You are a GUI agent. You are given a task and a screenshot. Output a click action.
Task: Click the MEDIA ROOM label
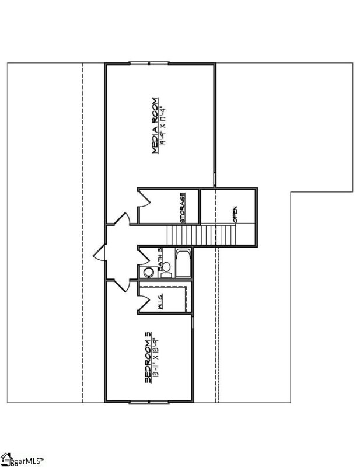pyautogui.click(x=155, y=125)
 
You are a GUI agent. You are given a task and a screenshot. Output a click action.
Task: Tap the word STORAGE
pyautogui.click(x=183, y=208)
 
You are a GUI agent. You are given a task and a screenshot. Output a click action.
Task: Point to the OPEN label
pyautogui.click(x=235, y=215)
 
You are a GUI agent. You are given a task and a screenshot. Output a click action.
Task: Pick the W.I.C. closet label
pyautogui.click(x=159, y=302)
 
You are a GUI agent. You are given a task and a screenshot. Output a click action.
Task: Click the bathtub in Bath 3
pyautogui.click(x=183, y=263)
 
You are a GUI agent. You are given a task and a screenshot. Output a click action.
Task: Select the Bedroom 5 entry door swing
pyautogui.click(x=121, y=284)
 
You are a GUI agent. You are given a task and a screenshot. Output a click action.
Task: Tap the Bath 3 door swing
pyautogui.click(x=144, y=255)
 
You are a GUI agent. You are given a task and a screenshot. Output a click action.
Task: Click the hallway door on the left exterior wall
pyautogui.click(x=99, y=253)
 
